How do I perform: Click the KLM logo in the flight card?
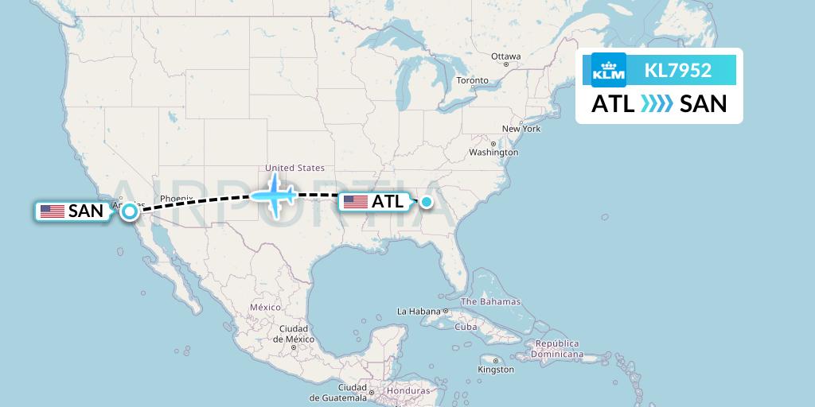coord(609,71)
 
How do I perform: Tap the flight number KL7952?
coord(678,71)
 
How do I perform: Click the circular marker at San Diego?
coord(129,211)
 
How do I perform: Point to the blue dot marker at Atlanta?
coord(427,202)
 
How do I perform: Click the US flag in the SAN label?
coord(53,211)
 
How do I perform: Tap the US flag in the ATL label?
coord(355,202)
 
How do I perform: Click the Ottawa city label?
coord(505,56)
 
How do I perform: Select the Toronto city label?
coord(472,80)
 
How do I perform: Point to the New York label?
coord(521,129)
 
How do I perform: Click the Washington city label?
coord(493,152)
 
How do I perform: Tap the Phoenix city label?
coord(176,198)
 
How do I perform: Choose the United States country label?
coord(295,168)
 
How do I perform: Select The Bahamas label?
coord(490,301)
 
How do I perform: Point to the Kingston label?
coord(496,370)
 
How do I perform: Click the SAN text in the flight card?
coord(704,103)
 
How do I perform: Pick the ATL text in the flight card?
coord(613,103)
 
